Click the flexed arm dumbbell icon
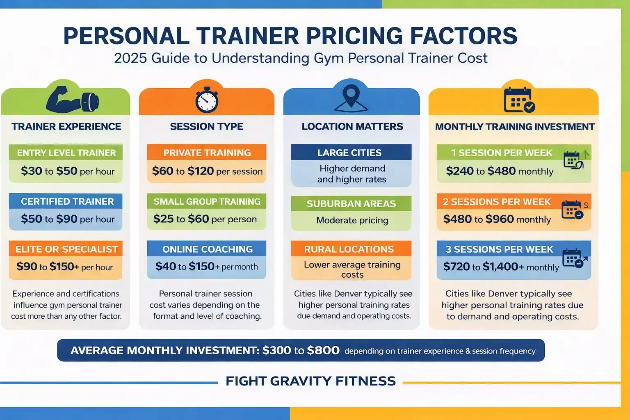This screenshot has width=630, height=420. (72, 100)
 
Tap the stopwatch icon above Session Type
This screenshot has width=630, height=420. (207, 100)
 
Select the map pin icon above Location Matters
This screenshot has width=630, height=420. (351, 98)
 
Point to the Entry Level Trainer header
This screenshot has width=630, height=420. (66, 153)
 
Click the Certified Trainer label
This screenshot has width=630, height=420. (67, 201)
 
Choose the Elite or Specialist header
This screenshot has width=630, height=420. (66, 249)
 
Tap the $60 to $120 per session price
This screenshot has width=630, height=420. (207, 171)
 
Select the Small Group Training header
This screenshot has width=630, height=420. (207, 201)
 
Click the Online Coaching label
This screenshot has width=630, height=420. (207, 249)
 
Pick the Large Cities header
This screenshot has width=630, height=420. (349, 153)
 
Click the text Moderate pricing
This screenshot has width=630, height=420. (352, 220)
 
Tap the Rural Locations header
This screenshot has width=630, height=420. (349, 249)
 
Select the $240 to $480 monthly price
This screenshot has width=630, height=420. (500, 171)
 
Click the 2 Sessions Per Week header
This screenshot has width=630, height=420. (497, 202)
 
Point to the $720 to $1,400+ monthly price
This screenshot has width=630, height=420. (501, 267)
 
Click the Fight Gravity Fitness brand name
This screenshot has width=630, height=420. (310, 381)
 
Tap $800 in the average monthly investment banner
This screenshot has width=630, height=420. (323, 350)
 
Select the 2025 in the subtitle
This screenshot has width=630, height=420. (130, 58)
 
